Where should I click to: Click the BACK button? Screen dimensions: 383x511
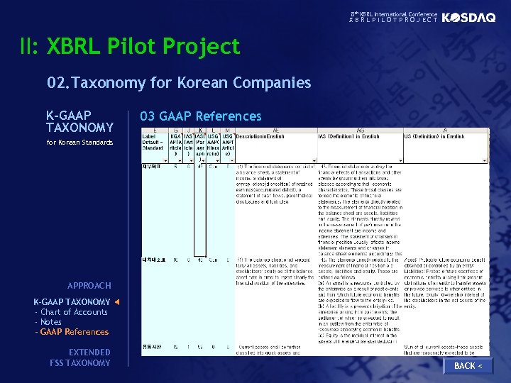tap(468, 365)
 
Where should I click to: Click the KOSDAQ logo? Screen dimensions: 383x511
tap(468, 18)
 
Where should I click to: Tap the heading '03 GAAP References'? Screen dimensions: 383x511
tap(201, 116)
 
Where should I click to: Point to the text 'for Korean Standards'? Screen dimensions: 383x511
tap(79, 143)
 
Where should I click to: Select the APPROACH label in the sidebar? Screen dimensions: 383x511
tap(89, 286)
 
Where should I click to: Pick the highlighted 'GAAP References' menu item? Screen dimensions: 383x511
tap(74, 332)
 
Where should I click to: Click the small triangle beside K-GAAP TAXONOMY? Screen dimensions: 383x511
tap(117, 302)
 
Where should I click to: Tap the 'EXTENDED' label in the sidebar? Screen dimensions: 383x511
tap(89, 353)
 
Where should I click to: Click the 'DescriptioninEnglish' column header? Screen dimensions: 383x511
tap(260, 137)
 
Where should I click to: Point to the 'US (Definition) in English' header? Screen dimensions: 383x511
tap(434, 137)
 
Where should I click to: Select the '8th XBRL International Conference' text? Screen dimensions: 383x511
tap(394, 14)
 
